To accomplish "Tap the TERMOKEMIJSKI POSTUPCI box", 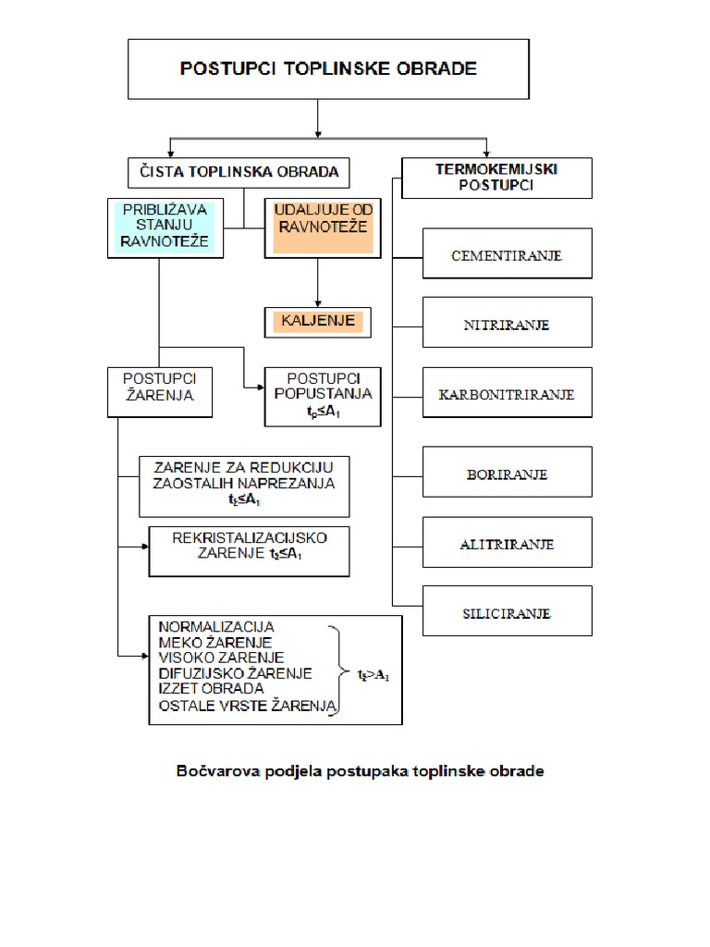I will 497,178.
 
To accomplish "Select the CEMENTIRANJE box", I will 507,253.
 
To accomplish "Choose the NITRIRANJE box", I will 507,325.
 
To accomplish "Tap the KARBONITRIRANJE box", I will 507,394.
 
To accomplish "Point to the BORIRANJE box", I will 507,473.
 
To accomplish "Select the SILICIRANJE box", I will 507,612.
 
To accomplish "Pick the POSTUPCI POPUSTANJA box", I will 322,397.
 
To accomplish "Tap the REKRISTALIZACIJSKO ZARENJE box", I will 250,552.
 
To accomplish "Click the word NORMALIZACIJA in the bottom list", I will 216,627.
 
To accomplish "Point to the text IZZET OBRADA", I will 211,689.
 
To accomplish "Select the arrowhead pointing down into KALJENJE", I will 318,302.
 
